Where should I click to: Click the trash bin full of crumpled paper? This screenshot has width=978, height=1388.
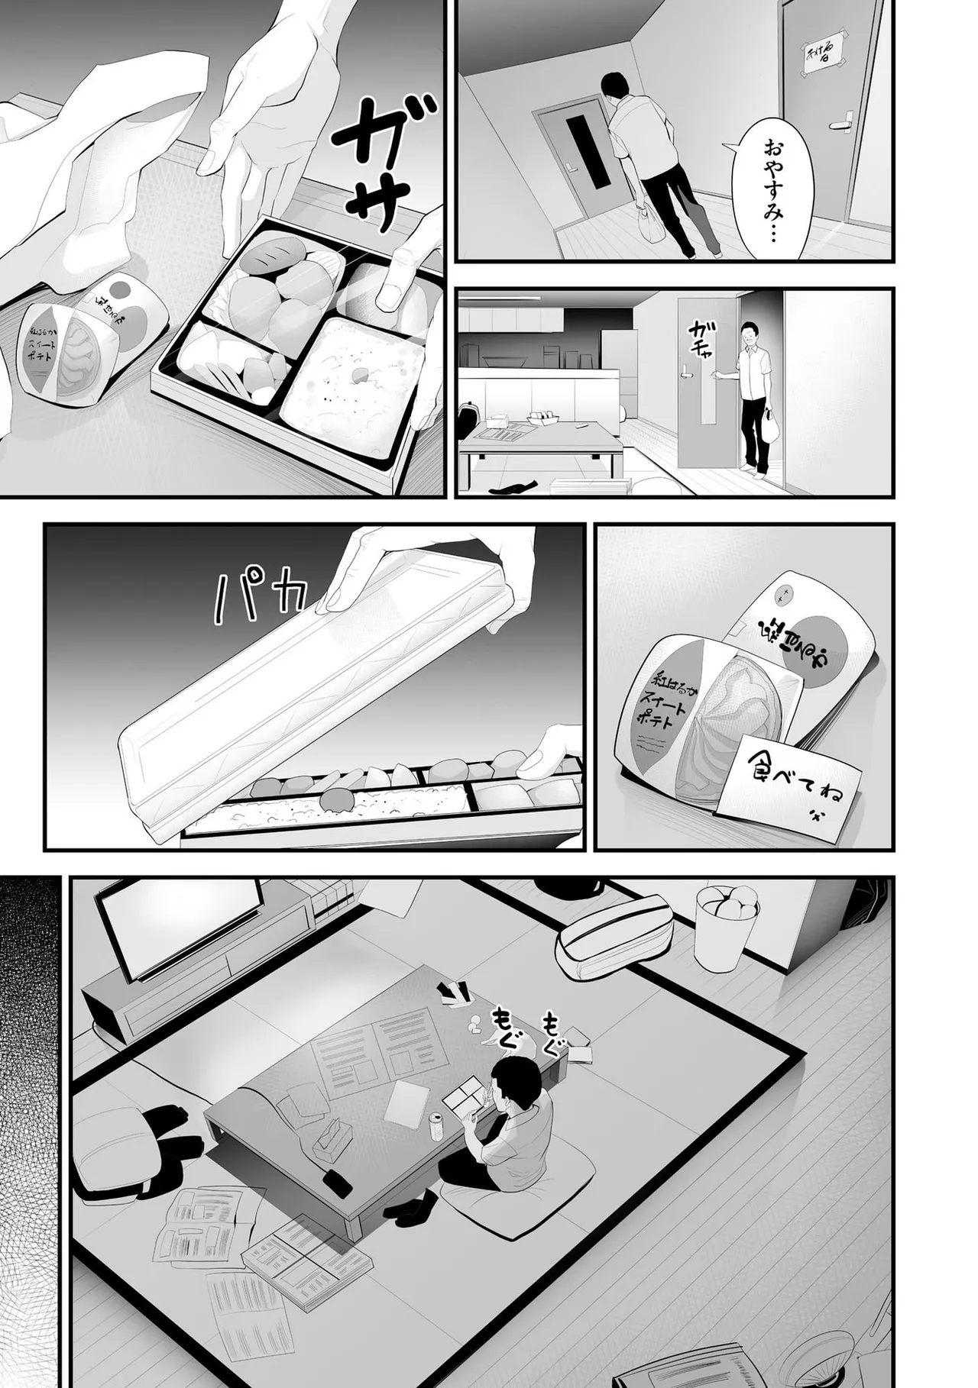point(725,924)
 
